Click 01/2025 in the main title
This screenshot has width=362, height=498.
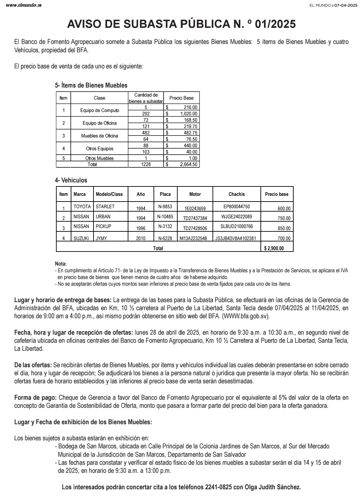275,24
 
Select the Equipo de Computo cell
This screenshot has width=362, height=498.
100,110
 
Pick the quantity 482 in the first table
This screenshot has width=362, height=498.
146,133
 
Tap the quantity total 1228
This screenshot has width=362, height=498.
146,164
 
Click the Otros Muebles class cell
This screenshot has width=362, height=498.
100,158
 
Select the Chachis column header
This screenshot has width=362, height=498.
237,194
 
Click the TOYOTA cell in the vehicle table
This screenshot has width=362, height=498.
82,207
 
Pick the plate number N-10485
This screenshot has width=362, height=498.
165,217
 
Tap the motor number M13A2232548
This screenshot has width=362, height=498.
195,238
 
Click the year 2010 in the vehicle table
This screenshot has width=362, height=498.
141,238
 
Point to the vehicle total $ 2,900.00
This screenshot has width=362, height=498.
274,248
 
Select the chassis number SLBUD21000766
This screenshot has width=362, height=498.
237,226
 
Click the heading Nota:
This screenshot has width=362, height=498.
61,264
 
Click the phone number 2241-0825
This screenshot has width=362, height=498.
218,487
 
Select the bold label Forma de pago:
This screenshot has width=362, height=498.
35,398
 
